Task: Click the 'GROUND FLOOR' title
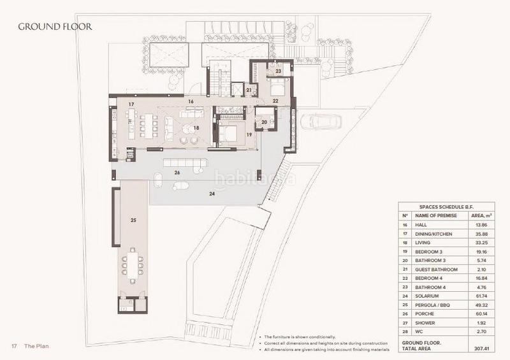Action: pos(55,27)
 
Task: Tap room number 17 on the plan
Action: pos(130,103)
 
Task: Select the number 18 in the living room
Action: pos(197,128)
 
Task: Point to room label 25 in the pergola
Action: pos(133,220)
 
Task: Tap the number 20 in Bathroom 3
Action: pos(264,122)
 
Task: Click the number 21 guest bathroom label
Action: pos(250,90)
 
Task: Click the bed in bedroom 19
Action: pos(229,133)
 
